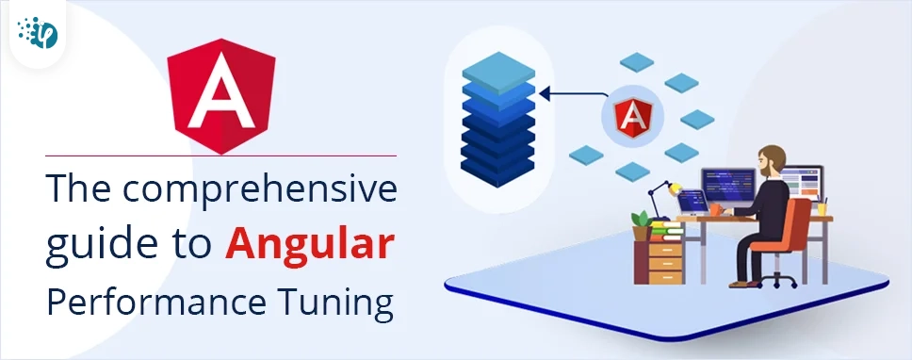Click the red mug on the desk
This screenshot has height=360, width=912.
click(715, 207)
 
